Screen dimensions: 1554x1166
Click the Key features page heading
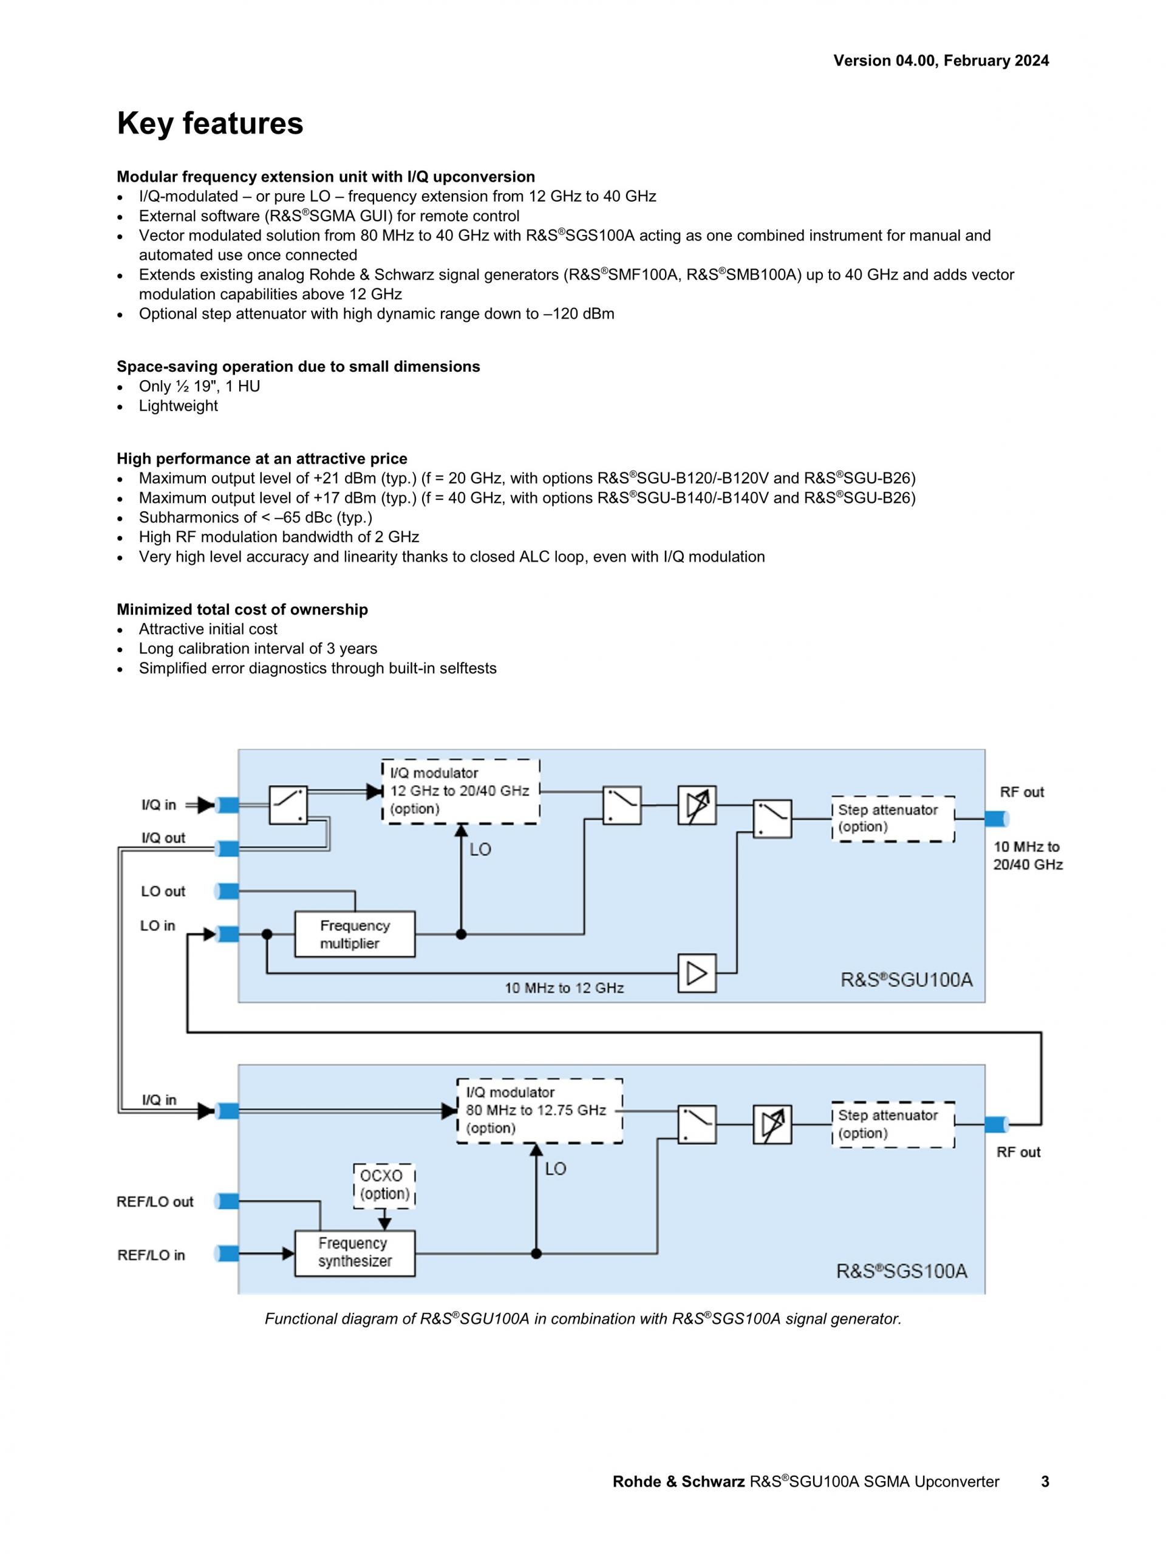click(210, 124)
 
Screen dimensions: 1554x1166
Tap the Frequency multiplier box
click(355, 935)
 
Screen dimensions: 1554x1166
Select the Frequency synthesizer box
click(355, 1253)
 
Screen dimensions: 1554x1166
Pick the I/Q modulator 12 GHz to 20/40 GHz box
click(460, 791)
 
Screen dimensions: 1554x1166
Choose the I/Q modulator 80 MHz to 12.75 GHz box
click(539, 1111)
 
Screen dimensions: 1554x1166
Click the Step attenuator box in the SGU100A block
click(893, 819)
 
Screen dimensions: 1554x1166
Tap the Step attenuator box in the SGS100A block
click(893, 1124)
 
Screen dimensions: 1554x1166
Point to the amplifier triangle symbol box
click(697, 973)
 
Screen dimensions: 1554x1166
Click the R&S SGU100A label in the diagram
click(906, 980)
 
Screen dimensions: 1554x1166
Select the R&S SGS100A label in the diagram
click(901, 1271)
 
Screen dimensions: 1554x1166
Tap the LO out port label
click(163, 891)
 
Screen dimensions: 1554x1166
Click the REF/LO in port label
click(151, 1255)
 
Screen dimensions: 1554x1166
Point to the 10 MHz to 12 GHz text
click(564, 989)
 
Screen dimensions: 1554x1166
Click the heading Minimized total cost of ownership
click(242, 610)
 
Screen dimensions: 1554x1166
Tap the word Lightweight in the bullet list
click(179, 406)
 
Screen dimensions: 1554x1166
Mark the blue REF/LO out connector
click(228, 1201)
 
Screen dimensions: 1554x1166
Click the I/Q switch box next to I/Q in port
click(288, 805)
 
